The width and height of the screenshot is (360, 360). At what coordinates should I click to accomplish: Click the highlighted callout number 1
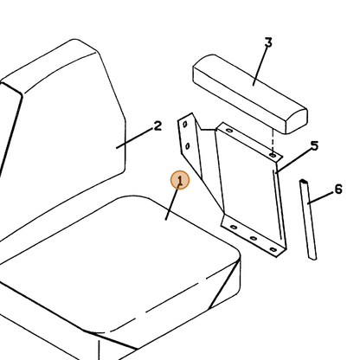(x=180, y=180)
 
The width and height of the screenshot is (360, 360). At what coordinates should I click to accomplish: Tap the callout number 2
(x=157, y=126)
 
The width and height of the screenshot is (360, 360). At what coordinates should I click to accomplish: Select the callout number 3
(x=268, y=42)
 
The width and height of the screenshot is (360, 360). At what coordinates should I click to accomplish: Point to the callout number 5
(x=314, y=145)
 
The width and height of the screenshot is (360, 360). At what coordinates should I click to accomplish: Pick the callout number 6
(x=338, y=190)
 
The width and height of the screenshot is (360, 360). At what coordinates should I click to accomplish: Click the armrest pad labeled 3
(x=250, y=93)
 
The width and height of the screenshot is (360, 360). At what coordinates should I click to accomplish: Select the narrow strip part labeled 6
(x=308, y=219)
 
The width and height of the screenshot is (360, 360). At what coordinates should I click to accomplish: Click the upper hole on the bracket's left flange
(x=185, y=125)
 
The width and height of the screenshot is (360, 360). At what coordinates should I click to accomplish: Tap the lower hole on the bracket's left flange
(x=188, y=146)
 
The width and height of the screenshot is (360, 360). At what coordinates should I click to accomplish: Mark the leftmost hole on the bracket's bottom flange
(x=234, y=228)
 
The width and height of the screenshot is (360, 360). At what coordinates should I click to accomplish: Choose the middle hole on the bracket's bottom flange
(x=254, y=238)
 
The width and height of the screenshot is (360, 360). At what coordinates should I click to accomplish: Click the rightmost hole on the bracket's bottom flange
(x=273, y=249)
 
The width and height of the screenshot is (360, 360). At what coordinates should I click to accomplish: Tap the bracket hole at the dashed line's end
(x=273, y=156)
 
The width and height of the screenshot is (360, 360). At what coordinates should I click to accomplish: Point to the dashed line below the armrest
(x=273, y=140)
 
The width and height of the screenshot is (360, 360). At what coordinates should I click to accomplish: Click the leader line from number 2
(x=134, y=138)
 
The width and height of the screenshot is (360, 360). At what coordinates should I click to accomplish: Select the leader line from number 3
(x=260, y=67)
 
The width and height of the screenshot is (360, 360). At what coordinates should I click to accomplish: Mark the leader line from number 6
(x=320, y=198)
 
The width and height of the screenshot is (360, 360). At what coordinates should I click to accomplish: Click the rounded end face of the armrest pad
(x=297, y=122)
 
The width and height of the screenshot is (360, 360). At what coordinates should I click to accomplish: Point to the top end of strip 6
(x=303, y=181)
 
